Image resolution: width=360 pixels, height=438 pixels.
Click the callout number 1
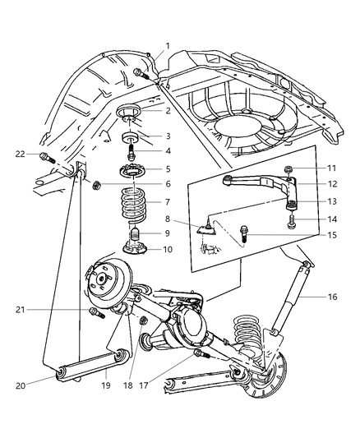[168, 45]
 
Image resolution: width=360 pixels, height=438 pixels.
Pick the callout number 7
[168, 202]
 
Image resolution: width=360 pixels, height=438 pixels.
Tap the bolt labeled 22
[48, 154]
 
